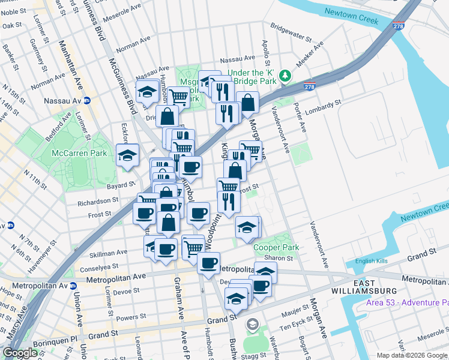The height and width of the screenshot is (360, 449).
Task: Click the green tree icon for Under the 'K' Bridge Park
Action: tap(286, 75)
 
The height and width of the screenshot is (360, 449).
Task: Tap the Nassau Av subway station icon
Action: tap(86, 101)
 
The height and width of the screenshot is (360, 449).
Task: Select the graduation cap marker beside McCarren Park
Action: tap(127, 155)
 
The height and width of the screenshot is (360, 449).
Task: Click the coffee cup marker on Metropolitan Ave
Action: tap(208, 262)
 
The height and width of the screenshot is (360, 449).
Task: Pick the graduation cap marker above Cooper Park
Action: tap(247, 227)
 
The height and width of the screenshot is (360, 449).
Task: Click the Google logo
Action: tap(20, 353)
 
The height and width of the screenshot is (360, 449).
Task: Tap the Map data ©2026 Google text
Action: tap(412, 355)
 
